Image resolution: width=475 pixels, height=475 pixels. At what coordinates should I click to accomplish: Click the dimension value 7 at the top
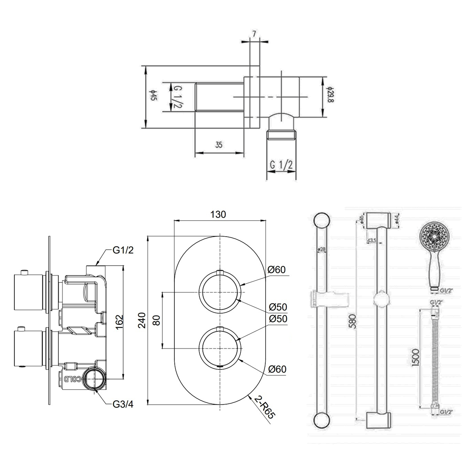click(x=254, y=34)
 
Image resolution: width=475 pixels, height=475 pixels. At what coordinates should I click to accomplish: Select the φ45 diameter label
click(x=153, y=96)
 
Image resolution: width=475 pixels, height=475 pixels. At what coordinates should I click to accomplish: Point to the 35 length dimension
click(x=219, y=145)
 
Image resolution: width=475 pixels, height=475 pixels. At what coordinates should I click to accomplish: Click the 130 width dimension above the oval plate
click(x=218, y=214)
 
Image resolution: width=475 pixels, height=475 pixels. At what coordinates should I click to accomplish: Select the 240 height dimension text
click(x=142, y=320)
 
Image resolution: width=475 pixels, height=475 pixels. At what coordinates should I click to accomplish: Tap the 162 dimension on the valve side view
click(x=119, y=322)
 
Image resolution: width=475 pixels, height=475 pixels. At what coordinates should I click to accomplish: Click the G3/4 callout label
click(x=123, y=404)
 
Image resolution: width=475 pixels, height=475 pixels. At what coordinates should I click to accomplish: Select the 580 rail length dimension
click(x=352, y=321)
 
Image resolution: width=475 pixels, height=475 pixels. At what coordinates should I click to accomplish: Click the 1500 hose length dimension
click(x=416, y=357)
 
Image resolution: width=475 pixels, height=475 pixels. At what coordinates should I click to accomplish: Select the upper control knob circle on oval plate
click(x=220, y=292)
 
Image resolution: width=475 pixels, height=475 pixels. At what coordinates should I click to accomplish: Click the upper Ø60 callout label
click(x=276, y=269)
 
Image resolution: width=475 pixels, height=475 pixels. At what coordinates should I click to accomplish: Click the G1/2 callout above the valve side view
click(x=123, y=250)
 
